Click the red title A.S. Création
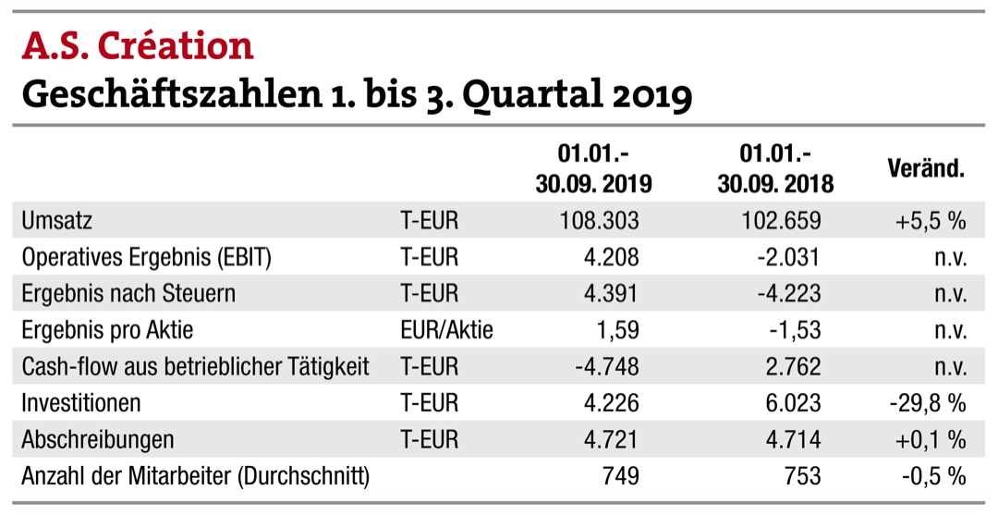click(x=137, y=45)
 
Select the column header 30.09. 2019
click(x=593, y=184)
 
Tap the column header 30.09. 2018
click(x=775, y=184)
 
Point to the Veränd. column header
click(x=925, y=169)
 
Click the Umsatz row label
click(x=57, y=221)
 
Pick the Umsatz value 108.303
click(x=599, y=221)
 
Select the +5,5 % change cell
click(x=929, y=221)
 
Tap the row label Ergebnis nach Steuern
click(x=128, y=294)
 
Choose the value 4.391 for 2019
click(x=611, y=294)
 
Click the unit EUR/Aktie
click(x=446, y=330)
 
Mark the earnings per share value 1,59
click(x=617, y=330)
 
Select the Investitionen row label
click(x=81, y=403)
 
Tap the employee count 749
click(x=620, y=476)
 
